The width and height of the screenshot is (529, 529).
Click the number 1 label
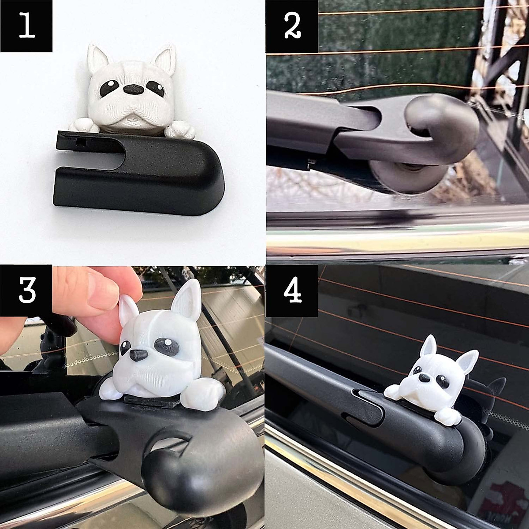point(26,26)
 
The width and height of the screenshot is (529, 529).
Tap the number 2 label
point(292,27)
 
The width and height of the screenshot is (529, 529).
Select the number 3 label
point(26,291)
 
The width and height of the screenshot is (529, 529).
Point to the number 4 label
point(292,291)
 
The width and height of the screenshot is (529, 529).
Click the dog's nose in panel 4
point(422,377)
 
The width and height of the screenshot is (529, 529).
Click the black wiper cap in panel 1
point(141,172)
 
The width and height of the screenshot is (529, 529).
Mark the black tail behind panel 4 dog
point(494,388)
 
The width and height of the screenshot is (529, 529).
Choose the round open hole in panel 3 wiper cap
point(172,445)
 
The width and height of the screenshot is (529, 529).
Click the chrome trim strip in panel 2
point(397,240)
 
